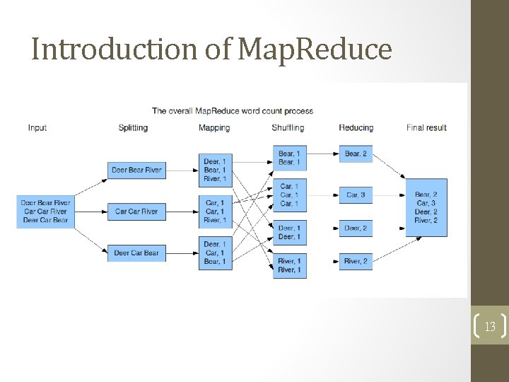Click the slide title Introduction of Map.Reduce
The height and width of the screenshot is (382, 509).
[211, 49]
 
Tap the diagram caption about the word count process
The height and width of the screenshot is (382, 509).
[233, 111]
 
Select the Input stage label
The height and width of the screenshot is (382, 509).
[37, 128]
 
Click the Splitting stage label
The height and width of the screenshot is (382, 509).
[133, 128]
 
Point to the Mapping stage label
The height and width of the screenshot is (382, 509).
[214, 128]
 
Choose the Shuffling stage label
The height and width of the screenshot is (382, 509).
[288, 128]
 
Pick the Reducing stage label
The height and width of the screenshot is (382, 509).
[356, 128]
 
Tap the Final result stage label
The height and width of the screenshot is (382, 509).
[426, 128]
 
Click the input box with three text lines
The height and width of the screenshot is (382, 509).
[45, 211]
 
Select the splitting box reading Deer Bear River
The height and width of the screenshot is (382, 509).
[136, 170]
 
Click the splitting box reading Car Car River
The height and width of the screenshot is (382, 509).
[136, 212]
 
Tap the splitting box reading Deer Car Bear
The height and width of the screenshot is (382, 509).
[136, 253]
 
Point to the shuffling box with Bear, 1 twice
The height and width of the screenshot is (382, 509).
[290, 158]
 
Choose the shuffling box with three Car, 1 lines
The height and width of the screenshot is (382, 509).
[290, 195]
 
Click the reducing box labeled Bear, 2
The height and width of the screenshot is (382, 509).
[356, 154]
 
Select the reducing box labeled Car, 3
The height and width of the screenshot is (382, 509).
[356, 195]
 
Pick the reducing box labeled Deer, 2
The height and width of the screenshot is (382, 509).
[356, 228]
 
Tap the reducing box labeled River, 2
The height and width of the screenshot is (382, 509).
[356, 261]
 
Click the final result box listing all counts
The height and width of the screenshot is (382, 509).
[426, 207]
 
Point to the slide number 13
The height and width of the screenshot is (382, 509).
[489, 326]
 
